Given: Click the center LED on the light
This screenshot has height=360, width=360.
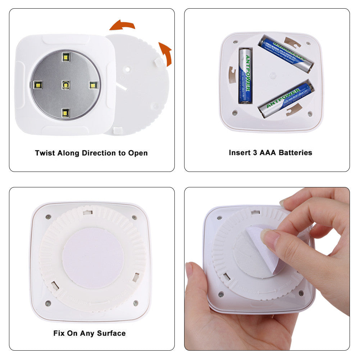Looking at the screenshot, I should click(x=65, y=85).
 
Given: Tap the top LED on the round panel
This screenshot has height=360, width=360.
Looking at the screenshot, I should click(x=65, y=56).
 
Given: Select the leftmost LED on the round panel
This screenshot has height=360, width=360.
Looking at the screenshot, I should click(x=37, y=85).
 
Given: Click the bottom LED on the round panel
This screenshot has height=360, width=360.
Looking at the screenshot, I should click(x=65, y=113).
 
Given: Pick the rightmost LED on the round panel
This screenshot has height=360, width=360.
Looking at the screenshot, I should click(x=93, y=85).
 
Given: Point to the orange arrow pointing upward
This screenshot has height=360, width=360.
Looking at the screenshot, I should click(x=165, y=53).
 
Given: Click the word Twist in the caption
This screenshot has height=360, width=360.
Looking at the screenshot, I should click(x=45, y=153).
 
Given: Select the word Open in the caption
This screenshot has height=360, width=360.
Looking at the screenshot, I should click(x=138, y=153).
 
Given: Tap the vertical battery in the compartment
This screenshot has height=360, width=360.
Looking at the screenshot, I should click(x=245, y=76).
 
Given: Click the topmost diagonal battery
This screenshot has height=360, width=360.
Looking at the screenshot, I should click(x=286, y=54).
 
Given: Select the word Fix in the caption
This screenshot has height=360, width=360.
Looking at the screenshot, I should click(x=59, y=333).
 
